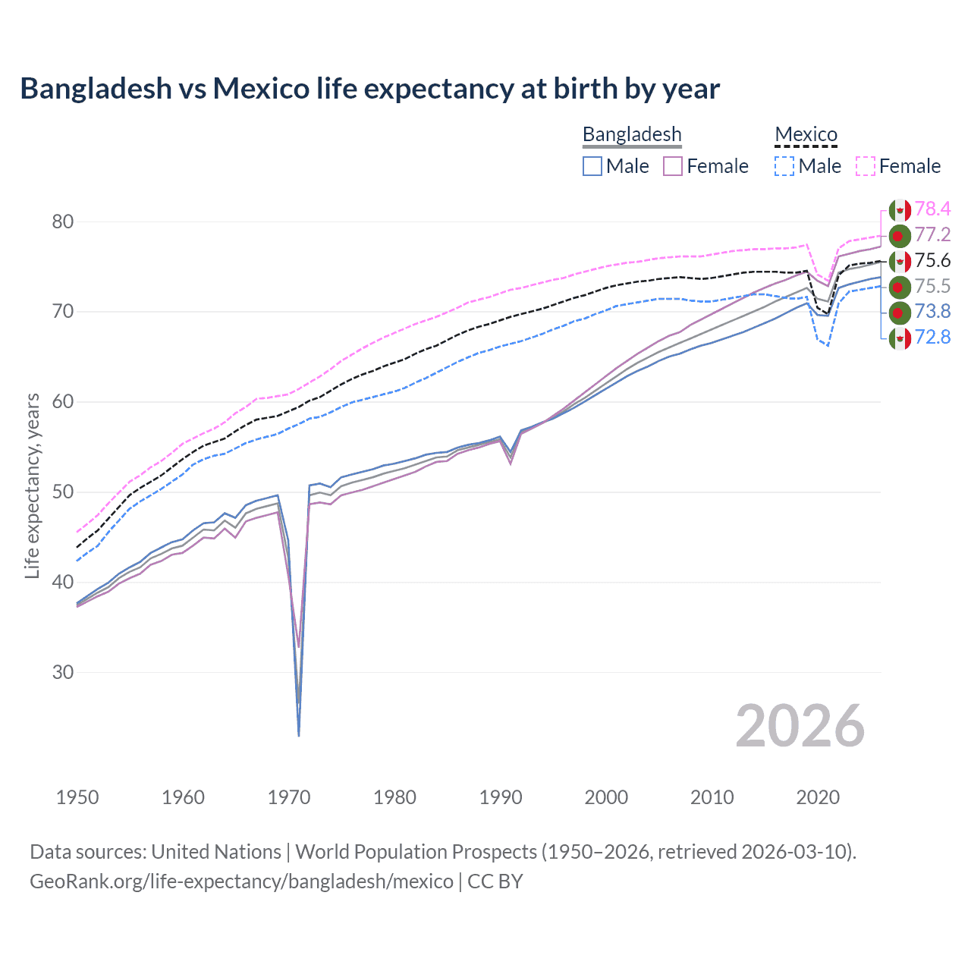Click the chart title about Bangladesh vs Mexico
coord(369,89)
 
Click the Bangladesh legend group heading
coord(632,134)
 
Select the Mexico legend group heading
coord(806,134)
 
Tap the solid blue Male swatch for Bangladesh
coord(592,166)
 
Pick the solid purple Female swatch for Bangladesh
coord(673,166)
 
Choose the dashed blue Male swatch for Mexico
coord(784,166)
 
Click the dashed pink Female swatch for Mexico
coord(866,166)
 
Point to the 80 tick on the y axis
coord(63,222)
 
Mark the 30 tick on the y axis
coord(63,672)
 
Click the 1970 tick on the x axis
coord(289,797)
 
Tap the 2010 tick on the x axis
coord(712,797)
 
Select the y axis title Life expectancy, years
coord(32,485)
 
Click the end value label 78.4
coord(932,209)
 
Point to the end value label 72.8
coord(932,337)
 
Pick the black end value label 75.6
coord(932,260)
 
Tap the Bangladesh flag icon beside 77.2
coord(900,236)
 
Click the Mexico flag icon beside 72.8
coord(900,338)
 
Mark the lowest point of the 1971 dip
coord(299,735)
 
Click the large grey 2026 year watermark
coord(800,726)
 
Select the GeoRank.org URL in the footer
coord(241,881)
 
